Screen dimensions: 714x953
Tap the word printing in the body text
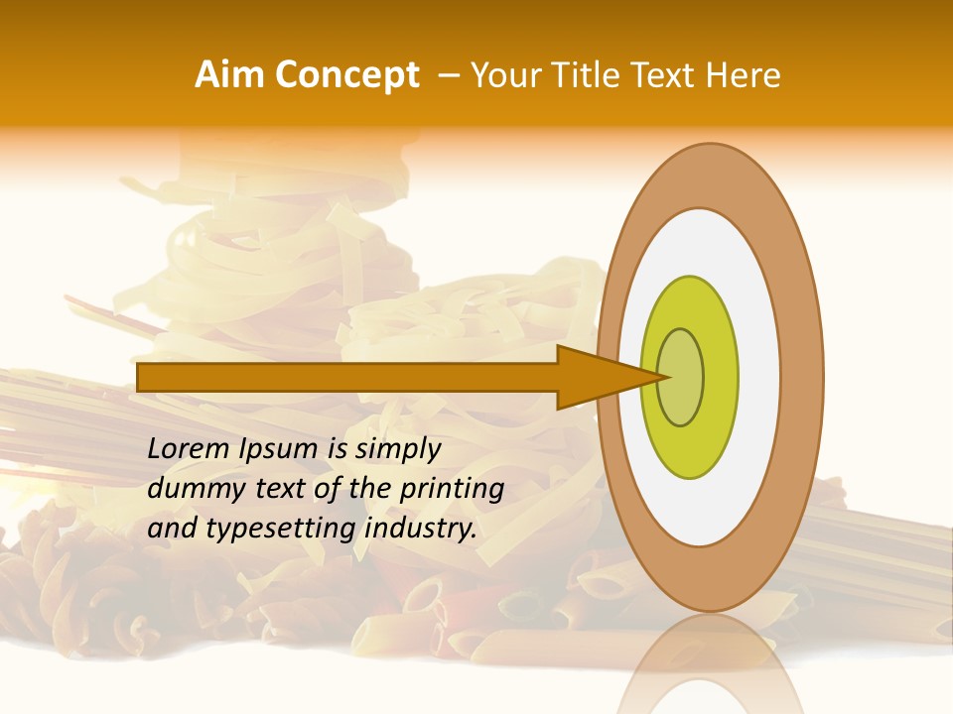pyautogui.click(x=453, y=489)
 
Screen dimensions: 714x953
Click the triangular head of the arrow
pyautogui.click(x=596, y=377)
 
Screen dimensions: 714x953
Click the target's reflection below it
pyautogui.click(x=710, y=664)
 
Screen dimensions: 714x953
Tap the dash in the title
pyautogui.click(x=448, y=75)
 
